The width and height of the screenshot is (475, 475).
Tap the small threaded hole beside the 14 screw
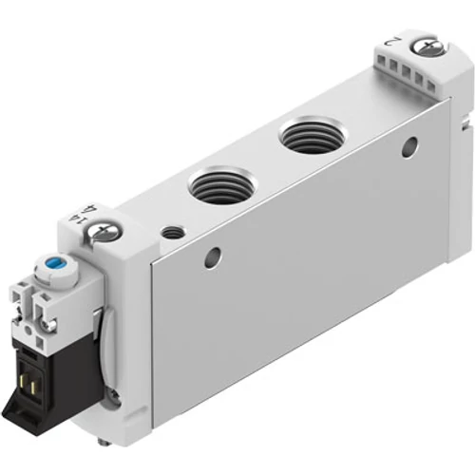(172, 231)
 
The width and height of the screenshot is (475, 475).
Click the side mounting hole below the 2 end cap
(409, 147)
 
